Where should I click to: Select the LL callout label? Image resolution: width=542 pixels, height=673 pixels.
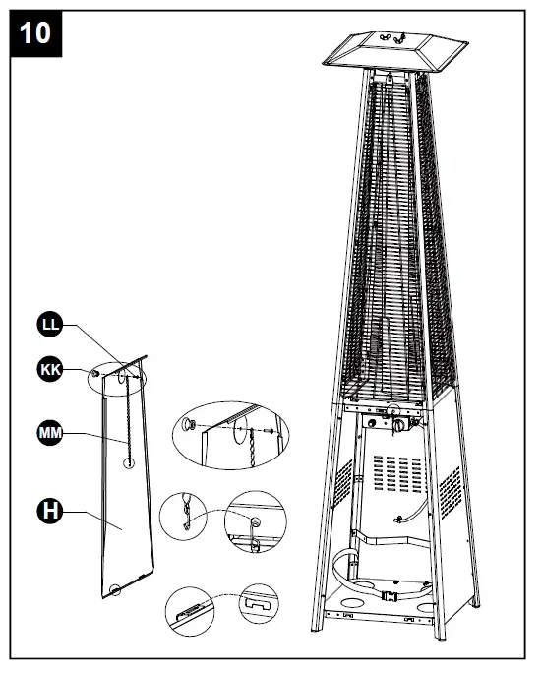tap(48, 324)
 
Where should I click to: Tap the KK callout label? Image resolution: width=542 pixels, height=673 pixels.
tap(48, 370)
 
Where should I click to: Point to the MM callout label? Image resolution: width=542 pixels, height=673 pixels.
tap(48, 432)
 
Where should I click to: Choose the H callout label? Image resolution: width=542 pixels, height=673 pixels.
tap(48, 510)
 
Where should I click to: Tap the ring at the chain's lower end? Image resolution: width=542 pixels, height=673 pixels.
tap(129, 462)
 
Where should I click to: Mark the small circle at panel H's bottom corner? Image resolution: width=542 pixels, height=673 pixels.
tap(115, 590)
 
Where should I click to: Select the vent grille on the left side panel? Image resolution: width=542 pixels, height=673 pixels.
tap(341, 482)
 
